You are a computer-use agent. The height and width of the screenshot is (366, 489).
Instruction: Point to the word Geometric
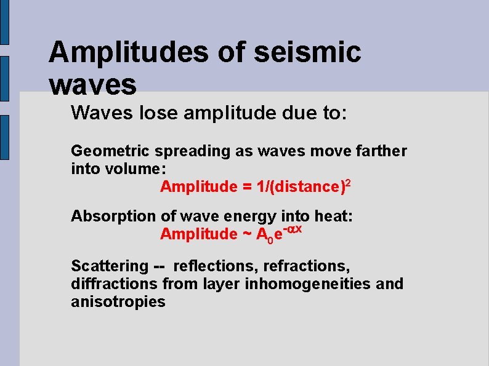click(x=110, y=151)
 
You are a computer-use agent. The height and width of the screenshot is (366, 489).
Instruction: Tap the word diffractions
click(x=115, y=284)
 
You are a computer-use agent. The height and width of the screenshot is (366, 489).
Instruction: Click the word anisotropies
click(x=118, y=302)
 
